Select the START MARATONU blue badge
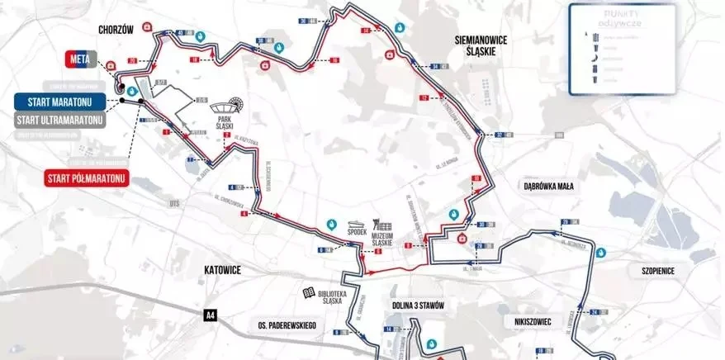[x=60, y=102]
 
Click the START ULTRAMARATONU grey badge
[x=60, y=120]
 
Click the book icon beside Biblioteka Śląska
[x=308, y=293]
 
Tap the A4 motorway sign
[x=211, y=315]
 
